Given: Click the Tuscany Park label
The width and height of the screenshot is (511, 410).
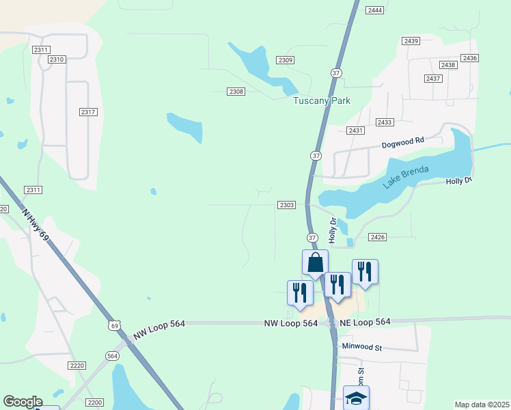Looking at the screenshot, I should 321,100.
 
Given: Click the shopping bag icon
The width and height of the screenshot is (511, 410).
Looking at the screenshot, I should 316,262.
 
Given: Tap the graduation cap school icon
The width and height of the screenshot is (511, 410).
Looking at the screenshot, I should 356,398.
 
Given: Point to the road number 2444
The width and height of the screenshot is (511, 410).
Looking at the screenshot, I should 374,10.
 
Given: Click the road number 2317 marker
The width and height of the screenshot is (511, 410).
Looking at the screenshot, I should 88,112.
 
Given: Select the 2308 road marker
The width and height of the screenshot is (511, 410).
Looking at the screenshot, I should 236,92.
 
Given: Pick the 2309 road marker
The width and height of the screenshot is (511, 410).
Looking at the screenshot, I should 286,60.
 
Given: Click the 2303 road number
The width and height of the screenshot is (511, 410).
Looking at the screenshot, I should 287,205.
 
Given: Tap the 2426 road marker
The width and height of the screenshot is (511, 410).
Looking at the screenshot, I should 378,236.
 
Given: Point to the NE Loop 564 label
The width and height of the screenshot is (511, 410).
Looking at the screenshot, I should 365,322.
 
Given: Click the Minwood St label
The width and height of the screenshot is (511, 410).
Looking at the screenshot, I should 362,347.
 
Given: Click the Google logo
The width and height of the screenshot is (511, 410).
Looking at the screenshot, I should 23,402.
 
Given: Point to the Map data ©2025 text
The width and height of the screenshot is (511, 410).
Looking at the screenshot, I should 481,405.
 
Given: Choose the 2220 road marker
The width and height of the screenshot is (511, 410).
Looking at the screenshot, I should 77,366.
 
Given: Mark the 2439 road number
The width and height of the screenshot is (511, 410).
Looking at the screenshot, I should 411,41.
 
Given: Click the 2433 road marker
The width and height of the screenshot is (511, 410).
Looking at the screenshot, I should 385,122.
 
